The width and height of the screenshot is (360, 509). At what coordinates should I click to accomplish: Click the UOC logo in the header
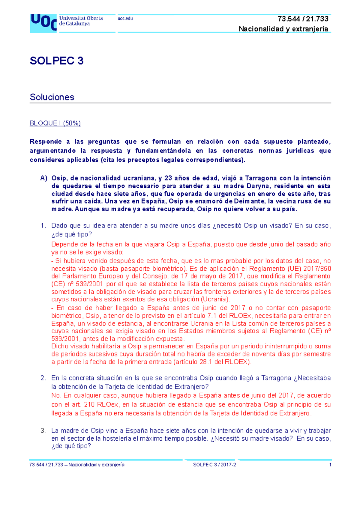click(43, 23)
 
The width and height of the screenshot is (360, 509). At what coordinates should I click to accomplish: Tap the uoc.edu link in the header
click(125, 19)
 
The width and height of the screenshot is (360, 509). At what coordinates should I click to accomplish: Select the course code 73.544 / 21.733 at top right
click(303, 19)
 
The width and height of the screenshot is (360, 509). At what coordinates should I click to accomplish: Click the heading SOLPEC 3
click(56, 61)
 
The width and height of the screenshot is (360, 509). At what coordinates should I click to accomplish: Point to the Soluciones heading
click(52, 97)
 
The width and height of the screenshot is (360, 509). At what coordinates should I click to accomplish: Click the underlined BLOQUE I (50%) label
click(55, 123)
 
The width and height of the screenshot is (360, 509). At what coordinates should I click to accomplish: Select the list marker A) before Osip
click(44, 178)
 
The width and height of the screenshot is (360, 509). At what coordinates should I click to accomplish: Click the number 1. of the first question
click(43, 226)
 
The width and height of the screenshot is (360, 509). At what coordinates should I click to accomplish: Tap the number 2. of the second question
click(43, 378)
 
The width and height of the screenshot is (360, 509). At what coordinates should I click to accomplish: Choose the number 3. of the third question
click(43, 431)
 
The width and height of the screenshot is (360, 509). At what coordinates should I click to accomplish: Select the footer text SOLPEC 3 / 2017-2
click(214, 465)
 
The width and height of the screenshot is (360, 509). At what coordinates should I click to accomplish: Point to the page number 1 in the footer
click(330, 465)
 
